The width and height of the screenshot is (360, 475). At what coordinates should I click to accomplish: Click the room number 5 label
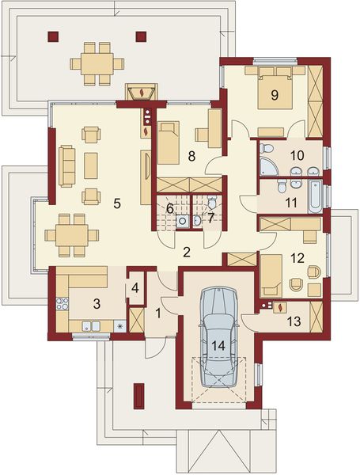point(117,203)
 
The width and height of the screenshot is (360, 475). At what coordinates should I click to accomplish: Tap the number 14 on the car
point(218,345)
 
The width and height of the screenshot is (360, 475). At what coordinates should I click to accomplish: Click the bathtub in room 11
point(315,196)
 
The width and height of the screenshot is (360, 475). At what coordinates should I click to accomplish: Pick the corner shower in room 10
point(269,165)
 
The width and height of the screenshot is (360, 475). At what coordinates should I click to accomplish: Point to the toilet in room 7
point(212,201)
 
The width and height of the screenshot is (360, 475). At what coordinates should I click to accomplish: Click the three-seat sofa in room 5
point(66,166)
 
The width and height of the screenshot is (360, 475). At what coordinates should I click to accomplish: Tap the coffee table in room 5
point(91,165)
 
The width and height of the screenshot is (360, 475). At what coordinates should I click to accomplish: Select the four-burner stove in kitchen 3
point(63,304)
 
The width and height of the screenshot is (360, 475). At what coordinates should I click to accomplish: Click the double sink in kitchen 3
point(91,326)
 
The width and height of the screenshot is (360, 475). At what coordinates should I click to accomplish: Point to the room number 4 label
point(135,288)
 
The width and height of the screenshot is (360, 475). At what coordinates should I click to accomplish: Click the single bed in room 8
point(169,142)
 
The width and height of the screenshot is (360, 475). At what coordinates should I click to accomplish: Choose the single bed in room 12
point(271,275)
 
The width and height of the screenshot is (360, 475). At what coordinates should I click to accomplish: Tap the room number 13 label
point(294,321)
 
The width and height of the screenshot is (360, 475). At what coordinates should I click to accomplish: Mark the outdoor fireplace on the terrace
point(142,92)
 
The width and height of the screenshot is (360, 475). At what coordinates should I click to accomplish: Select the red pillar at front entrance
point(139,396)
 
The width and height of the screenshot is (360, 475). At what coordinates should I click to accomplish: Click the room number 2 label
point(187,252)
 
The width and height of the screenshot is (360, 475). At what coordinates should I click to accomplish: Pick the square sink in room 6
point(182,222)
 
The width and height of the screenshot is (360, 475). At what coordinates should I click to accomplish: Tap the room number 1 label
point(158,313)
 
